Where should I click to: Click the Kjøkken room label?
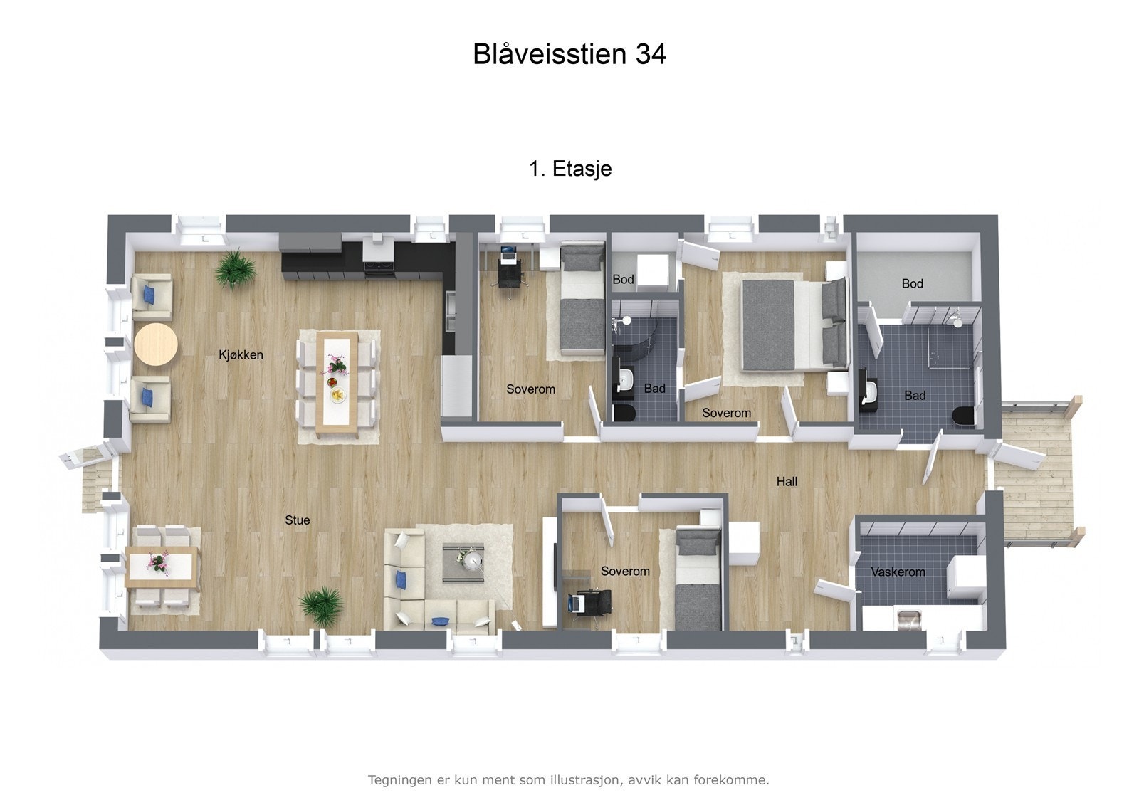pyautogui.click(x=241, y=354)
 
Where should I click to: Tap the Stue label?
pyautogui.click(x=297, y=520)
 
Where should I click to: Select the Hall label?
pyautogui.click(x=787, y=482)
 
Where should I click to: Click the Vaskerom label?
pyautogui.click(x=898, y=572)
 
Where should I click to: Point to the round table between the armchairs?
pyautogui.click(x=156, y=344)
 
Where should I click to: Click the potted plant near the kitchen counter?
pyautogui.click(x=235, y=268)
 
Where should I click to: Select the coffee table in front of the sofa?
pyautogui.click(x=463, y=562)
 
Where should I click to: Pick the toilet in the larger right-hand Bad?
pyautogui.click(x=965, y=417)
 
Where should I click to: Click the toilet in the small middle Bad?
pyautogui.click(x=624, y=414)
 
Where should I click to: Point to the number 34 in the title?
pyautogui.click(x=650, y=54)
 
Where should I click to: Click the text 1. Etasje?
pyautogui.click(x=570, y=169)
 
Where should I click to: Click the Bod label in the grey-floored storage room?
pyautogui.click(x=912, y=283)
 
